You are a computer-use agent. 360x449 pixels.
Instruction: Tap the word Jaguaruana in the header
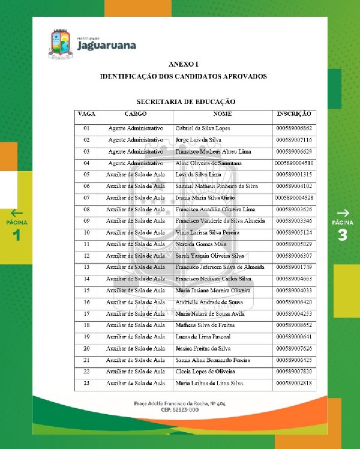click(106, 45)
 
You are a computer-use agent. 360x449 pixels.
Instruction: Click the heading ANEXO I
click(183, 64)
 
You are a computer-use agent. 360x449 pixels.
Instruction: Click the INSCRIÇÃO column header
click(293, 113)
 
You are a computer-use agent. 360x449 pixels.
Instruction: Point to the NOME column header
click(222, 113)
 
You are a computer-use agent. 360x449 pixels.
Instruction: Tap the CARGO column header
click(135, 113)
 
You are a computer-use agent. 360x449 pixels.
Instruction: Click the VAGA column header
click(86, 113)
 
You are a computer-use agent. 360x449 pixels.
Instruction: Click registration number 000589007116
click(294, 140)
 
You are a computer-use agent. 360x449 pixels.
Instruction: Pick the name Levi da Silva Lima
click(197, 175)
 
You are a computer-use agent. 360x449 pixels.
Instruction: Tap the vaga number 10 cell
click(86, 232)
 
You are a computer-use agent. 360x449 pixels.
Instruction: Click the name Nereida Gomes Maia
click(200, 244)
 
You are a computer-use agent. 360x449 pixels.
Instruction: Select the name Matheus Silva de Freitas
click(204, 325)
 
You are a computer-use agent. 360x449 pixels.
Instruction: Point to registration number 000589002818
click(294, 383)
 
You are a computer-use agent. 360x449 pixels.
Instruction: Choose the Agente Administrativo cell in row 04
click(135, 163)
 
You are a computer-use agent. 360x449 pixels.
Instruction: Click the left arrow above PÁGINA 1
click(17, 212)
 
